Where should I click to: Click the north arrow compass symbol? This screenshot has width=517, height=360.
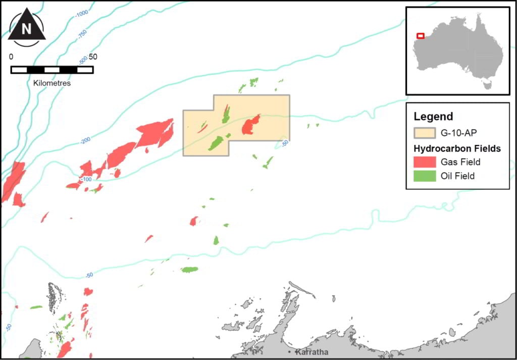[x=27, y=27]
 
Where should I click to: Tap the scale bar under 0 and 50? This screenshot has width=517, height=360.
[x=52, y=70]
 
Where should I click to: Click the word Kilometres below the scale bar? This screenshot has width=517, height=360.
[x=52, y=83]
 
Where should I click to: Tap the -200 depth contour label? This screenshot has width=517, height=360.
[x=85, y=140]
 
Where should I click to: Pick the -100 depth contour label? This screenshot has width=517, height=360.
[x=86, y=179]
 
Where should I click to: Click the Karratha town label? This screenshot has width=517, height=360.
[x=313, y=352]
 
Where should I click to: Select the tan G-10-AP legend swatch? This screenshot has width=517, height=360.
[x=424, y=133]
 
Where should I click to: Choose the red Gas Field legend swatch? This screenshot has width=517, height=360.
[x=424, y=162]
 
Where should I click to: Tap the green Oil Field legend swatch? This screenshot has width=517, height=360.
[x=424, y=176]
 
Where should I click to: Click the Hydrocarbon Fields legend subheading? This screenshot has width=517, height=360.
[x=457, y=148]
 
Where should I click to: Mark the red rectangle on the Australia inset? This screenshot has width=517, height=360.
[x=421, y=36]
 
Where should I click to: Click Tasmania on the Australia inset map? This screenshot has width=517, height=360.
[x=488, y=83]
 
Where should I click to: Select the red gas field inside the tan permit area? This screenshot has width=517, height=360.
[x=250, y=124]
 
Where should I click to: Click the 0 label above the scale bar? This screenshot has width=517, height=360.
[x=12, y=57]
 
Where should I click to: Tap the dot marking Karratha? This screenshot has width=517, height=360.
[x=290, y=351]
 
